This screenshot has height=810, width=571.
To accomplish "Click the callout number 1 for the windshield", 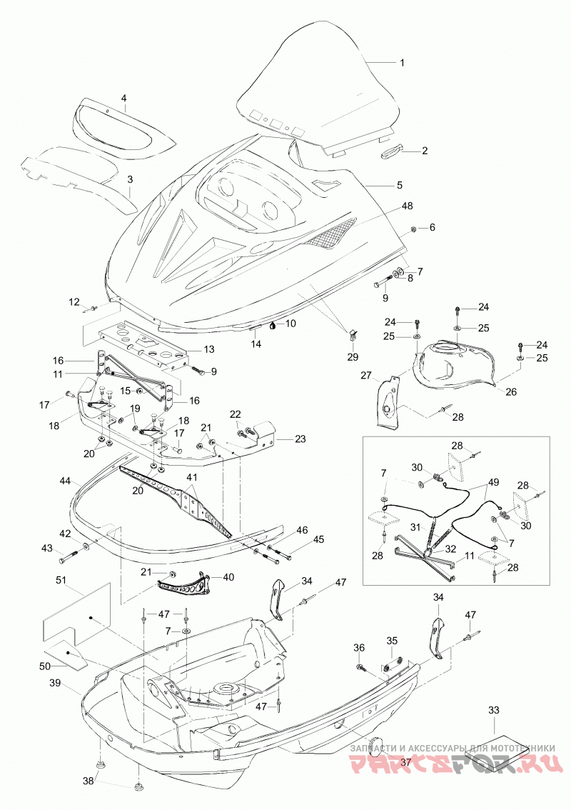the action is coord(402,63).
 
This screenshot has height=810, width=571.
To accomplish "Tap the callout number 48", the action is coord(408,206).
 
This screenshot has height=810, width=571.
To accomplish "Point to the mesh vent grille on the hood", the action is coord(329,232).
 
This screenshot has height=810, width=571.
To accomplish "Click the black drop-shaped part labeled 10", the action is coord(272,325).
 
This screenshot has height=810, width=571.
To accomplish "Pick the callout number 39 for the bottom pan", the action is coord(55,683).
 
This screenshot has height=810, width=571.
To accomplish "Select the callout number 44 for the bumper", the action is coord(65,481).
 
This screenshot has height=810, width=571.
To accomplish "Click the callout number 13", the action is coord(208,350).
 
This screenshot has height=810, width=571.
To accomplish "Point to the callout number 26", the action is coord(511,392).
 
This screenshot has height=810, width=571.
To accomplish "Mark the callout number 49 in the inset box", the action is coord(494,483).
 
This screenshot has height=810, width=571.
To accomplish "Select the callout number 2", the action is coord(425,151).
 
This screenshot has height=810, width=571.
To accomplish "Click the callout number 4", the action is coord(124,98).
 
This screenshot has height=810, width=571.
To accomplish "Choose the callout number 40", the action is coord(228,576).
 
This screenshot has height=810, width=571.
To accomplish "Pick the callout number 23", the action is coord(300,439).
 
